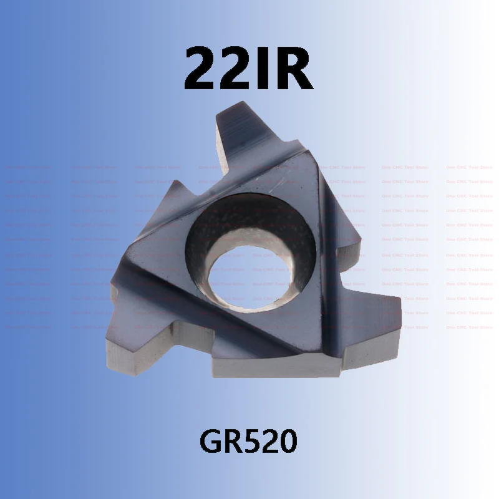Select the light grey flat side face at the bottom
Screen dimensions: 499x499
point(281,368)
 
